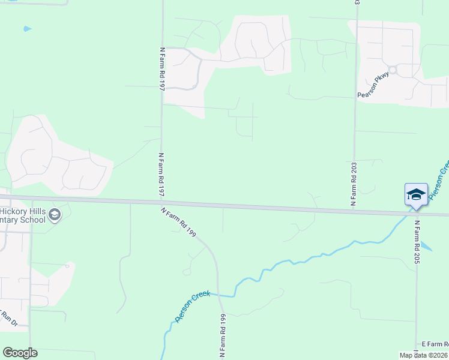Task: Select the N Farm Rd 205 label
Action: point(417,242)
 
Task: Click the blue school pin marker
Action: point(416,194)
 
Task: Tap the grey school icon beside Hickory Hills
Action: point(54,215)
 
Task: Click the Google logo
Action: point(20,353)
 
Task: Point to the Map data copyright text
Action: point(424,355)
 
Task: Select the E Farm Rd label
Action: point(435,344)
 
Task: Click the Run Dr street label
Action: point(8,320)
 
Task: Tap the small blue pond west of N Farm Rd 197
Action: point(26,28)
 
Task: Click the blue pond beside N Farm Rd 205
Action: point(426,246)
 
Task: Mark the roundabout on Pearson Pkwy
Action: point(393,70)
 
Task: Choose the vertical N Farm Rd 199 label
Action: point(222,336)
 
